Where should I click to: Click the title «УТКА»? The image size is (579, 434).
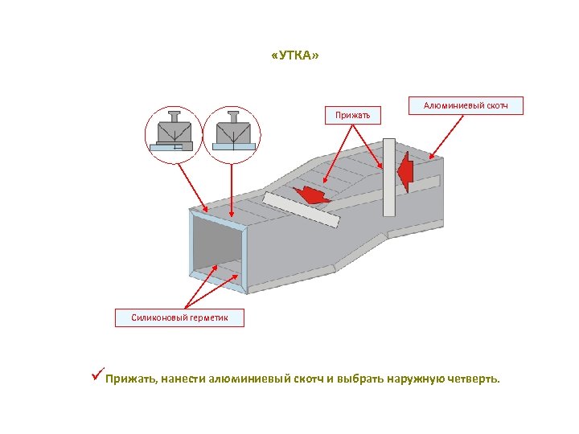pos(296,56)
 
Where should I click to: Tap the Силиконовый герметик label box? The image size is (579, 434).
pos(179,317)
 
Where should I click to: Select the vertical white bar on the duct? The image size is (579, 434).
pos(389,177)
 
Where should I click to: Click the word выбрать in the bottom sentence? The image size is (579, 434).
pos(361,378)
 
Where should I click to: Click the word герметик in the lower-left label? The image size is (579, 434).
pos(207,317)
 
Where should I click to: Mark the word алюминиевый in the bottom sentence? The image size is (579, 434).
pos(247,378)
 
